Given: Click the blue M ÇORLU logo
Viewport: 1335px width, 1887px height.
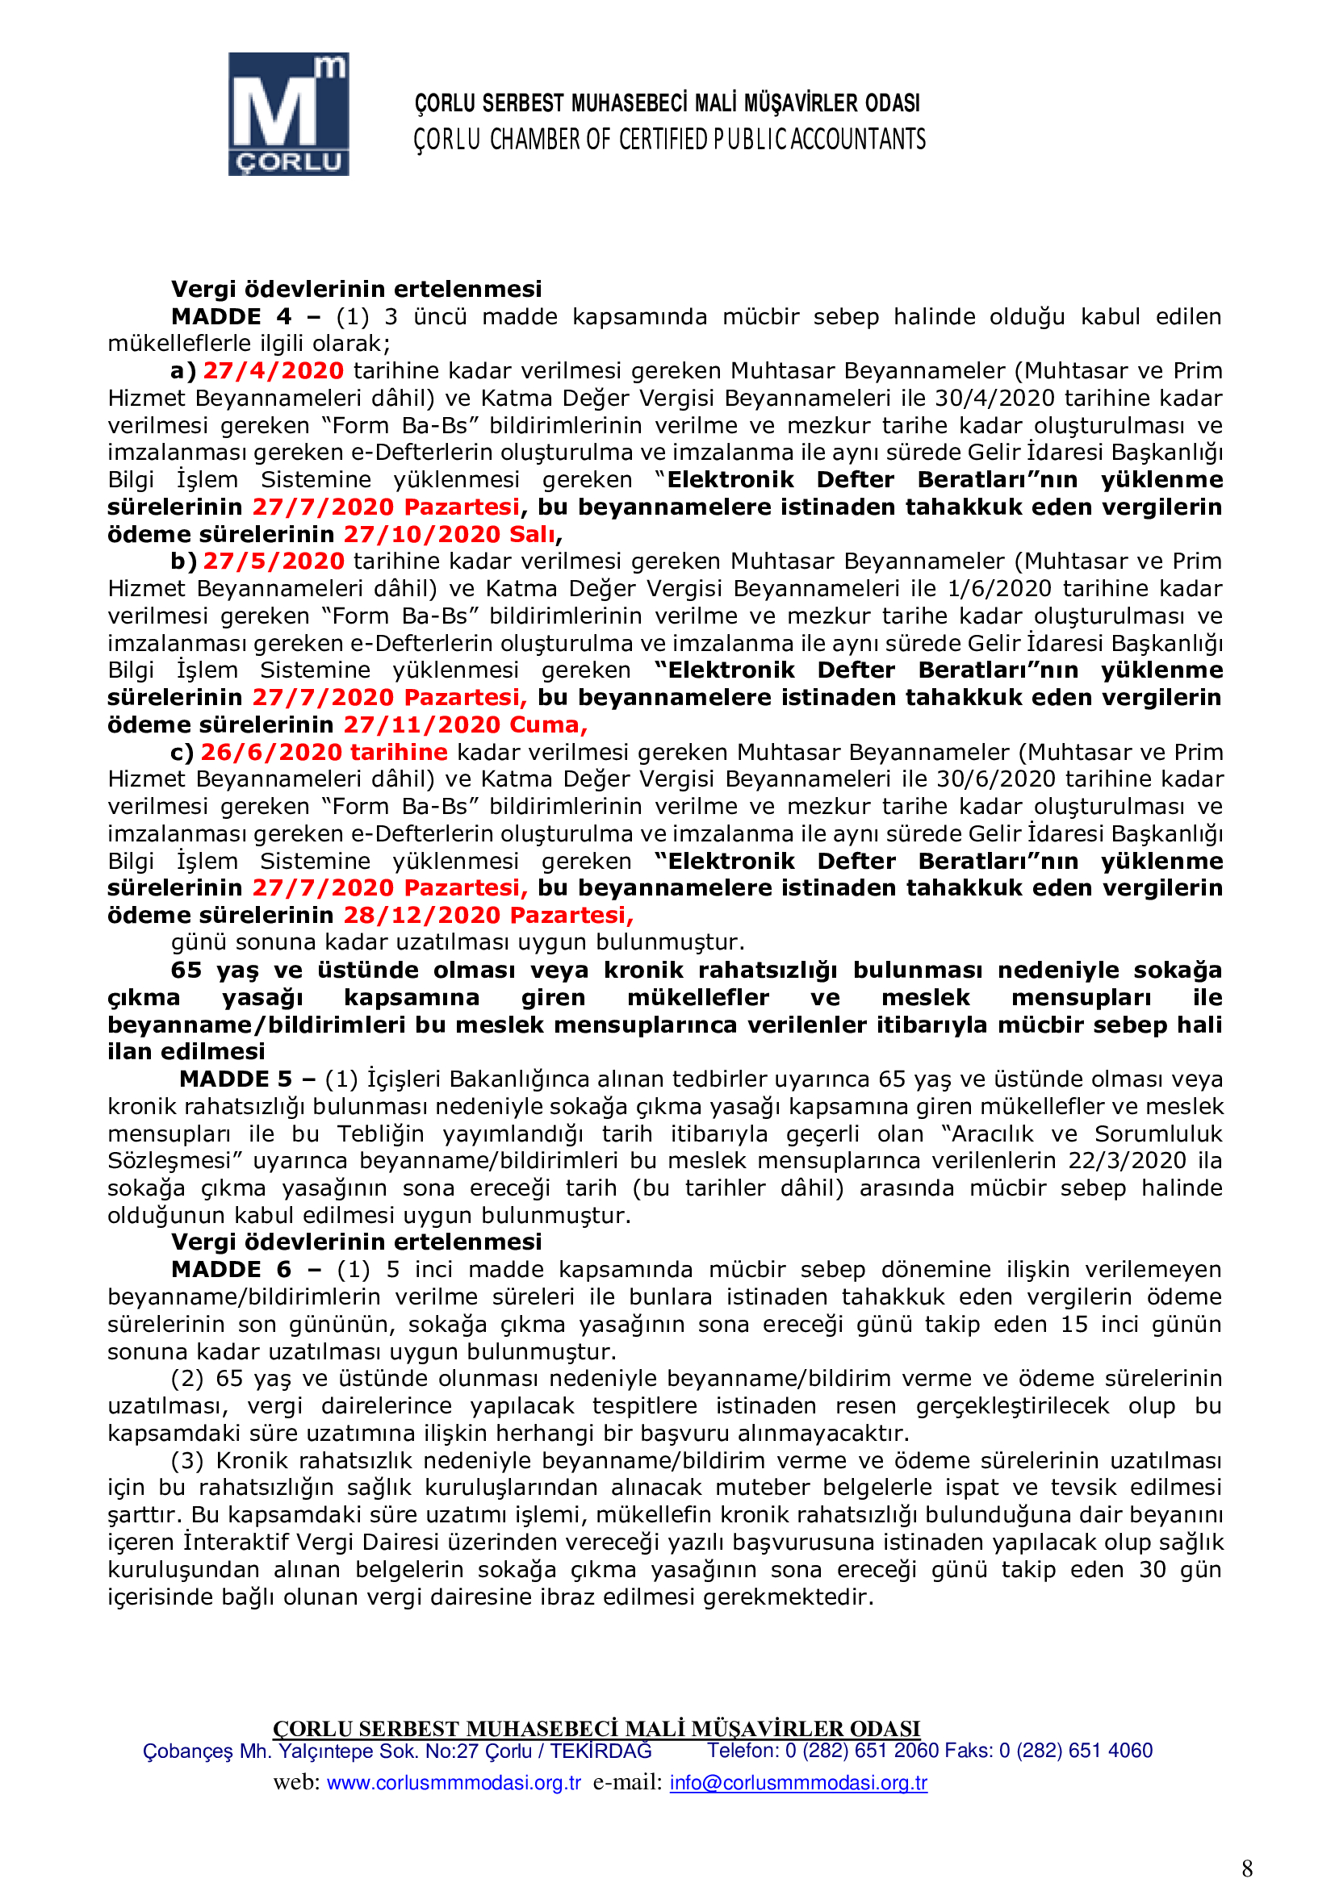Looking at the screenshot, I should tap(288, 115).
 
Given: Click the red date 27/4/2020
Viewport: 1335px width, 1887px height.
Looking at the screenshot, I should tap(274, 370).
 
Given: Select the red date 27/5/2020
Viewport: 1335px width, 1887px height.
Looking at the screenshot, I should tap(274, 562).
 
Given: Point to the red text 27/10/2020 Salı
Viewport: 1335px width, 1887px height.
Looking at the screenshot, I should tap(450, 534).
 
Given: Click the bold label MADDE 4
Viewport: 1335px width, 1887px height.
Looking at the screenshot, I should tap(231, 316).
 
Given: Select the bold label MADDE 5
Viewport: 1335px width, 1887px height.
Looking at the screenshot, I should tap(236, 1079).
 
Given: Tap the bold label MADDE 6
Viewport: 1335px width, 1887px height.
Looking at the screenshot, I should tap(231, 1270).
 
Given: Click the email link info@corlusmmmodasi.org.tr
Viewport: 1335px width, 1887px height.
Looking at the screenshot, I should tap(798, 1783).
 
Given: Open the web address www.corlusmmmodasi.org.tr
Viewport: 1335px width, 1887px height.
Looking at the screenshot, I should tap(454, 1783).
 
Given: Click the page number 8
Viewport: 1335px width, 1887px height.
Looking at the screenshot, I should tap(1247, 1868).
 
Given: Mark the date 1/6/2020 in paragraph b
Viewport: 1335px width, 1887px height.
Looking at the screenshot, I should tap(998, 588).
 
